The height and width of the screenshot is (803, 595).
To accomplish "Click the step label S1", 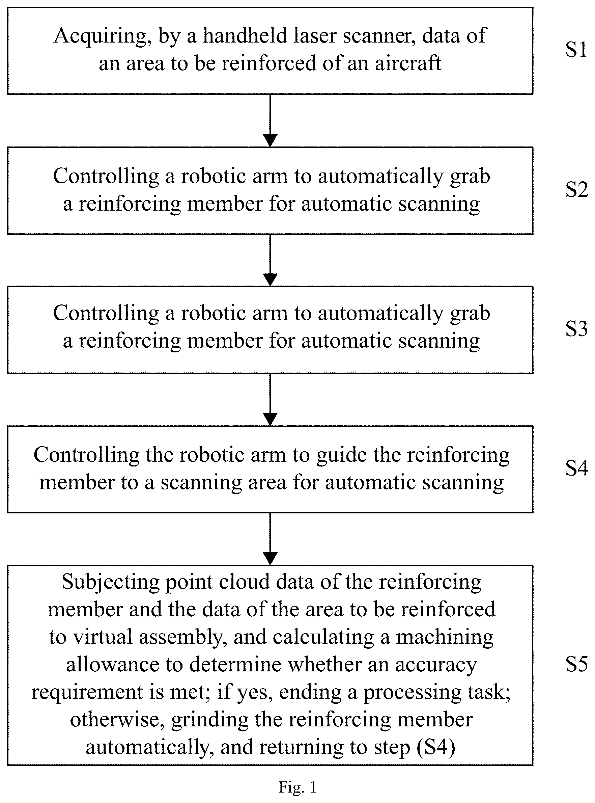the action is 576,49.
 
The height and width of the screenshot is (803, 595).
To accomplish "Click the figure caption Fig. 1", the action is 297,787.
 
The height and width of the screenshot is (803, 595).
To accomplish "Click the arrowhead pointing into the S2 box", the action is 270,140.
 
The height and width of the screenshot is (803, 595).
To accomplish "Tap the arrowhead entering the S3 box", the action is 270,280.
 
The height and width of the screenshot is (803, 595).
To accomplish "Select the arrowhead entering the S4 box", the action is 270,419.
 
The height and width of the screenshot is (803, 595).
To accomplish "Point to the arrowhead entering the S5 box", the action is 270,559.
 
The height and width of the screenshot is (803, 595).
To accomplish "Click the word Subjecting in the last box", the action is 111,583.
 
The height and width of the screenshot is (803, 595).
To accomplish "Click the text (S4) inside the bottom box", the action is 436,748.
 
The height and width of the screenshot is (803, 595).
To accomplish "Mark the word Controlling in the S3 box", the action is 106,313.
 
